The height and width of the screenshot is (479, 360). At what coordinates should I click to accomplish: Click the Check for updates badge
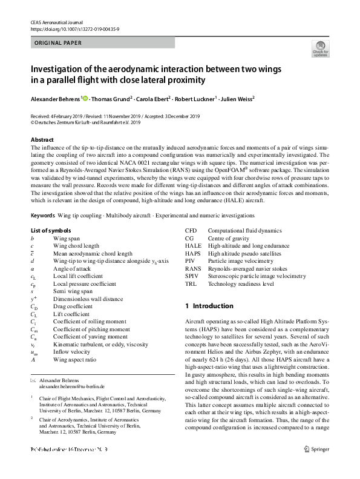[320, 49]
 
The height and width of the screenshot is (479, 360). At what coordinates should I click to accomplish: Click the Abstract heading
[42, 140]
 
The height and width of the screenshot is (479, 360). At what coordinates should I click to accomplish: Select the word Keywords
[42, 216]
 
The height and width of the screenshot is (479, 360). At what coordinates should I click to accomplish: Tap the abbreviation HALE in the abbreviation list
[193, 246]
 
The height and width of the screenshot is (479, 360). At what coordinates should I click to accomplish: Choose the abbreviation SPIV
[192, 276]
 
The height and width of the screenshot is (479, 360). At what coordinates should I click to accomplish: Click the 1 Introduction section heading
[209, 306]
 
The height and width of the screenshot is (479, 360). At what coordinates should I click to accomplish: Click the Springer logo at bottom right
[319, 466]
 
